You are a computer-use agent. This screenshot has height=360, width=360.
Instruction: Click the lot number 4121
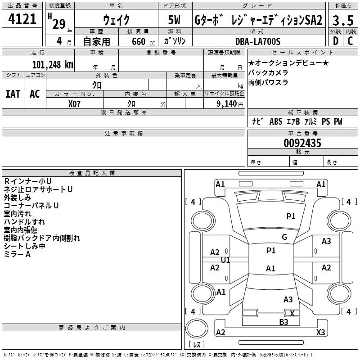pos(22,19)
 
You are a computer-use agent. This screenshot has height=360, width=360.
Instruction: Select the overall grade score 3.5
pos(343,20)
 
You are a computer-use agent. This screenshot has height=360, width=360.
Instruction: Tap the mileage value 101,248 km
pos(53,65)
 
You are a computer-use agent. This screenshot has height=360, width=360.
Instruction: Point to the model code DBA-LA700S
pos(258,41)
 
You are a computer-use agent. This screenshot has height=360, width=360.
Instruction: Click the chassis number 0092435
pos(302,143)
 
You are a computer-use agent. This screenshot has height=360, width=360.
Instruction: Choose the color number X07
pos(74,104)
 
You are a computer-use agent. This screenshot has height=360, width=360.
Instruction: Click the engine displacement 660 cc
pos(143,42)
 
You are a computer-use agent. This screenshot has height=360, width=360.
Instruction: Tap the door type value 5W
pos(174,20)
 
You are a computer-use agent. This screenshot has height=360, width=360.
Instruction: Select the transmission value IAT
pos(13,94)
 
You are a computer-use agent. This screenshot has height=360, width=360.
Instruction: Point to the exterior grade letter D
pos(336,41)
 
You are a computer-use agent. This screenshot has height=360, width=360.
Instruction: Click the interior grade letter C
pos(350,41)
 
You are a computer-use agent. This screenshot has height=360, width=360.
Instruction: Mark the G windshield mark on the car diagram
pos(284,237)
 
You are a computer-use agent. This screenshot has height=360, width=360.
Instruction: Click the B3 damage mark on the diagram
pos(283,322)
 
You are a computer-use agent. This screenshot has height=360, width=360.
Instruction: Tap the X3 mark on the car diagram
pos(321,332)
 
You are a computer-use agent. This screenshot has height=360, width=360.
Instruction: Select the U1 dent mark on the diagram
pos(225,260)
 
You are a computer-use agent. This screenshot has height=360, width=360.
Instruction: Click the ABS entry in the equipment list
pos(276,121)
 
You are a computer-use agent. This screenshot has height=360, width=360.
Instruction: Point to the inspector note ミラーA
pos(17,254)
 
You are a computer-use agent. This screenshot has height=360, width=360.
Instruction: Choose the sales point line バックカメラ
pos(268,72)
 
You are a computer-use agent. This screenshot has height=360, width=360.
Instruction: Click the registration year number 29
pos(59,24)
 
